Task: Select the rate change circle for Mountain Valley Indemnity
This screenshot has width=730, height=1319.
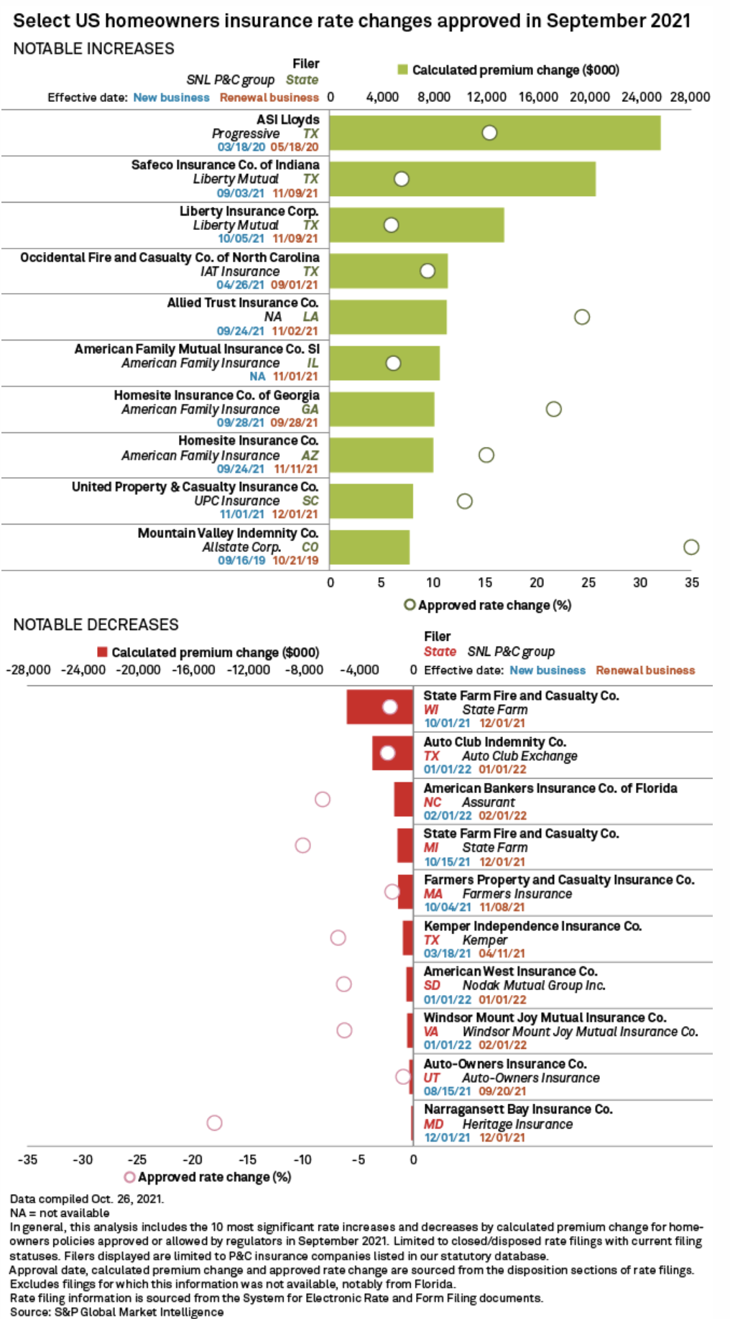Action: click(x=691, y=547)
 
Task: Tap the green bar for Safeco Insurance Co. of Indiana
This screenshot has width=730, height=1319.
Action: click(x=503, y=179)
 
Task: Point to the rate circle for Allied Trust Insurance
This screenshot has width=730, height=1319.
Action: click(x=582, y=317)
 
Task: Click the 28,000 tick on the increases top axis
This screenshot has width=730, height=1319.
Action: click(x=690, y=97)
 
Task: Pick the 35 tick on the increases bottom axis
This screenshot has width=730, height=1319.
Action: click(x=691, y=583)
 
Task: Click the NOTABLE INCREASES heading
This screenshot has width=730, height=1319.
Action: click(x=93, y=49)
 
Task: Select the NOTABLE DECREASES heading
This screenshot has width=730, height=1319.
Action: click(x=96, y=625)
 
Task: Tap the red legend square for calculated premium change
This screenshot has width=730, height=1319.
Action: click(x=103, y=652)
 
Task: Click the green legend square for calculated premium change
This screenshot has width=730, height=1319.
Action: click(x=403, y=70)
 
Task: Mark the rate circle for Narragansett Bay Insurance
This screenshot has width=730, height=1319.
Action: click(x=214, y=1123)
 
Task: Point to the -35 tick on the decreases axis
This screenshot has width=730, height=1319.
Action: click(x=28, y=1160)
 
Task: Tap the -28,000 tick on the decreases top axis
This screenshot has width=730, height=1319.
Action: click(x=28, y=670)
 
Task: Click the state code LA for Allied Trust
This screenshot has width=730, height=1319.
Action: click(x=310, y=317)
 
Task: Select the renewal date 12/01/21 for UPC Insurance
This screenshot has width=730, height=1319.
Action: click(x=295, y=514)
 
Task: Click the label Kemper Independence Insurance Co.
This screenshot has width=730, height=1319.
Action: click(x=532, y=926)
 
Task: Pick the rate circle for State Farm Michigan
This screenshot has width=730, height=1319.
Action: click(x=303, y=846)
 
